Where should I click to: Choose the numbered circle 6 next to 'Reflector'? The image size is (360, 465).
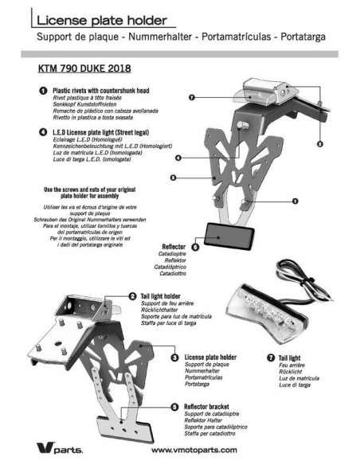pyautogui.click(x=195, y=248)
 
